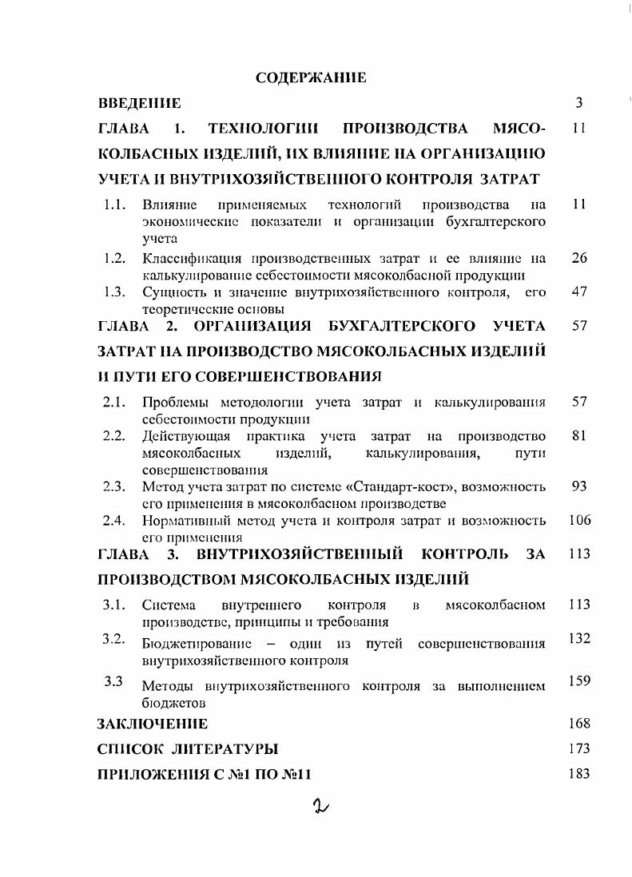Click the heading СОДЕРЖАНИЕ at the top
[x=310, y=77]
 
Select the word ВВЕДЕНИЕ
[x=139, y=103]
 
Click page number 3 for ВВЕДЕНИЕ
[x=579, y=103]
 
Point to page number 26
[x=579, y=258]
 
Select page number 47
[x=579, y=292]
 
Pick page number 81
[x=579, y=436]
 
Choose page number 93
[x=579, y=486]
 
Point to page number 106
[x=579, y=521]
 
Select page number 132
[x=579, y=638]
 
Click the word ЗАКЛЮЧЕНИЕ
[x=153, y=724]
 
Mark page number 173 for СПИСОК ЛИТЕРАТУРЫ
[x=579, y=749]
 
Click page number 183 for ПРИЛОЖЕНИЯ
[x=579, y=774]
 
